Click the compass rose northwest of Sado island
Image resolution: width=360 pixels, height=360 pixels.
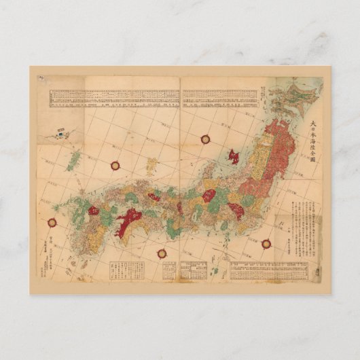pos(205,139)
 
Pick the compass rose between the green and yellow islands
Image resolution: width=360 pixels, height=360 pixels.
pos(115,165)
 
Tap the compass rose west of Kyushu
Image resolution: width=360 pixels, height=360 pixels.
pos(52,221)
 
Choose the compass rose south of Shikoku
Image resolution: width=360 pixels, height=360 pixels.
pos(162,253)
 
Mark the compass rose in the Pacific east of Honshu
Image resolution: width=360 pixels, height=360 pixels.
pos(266,242)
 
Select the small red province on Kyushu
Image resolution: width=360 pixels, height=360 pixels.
pos(94,211)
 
